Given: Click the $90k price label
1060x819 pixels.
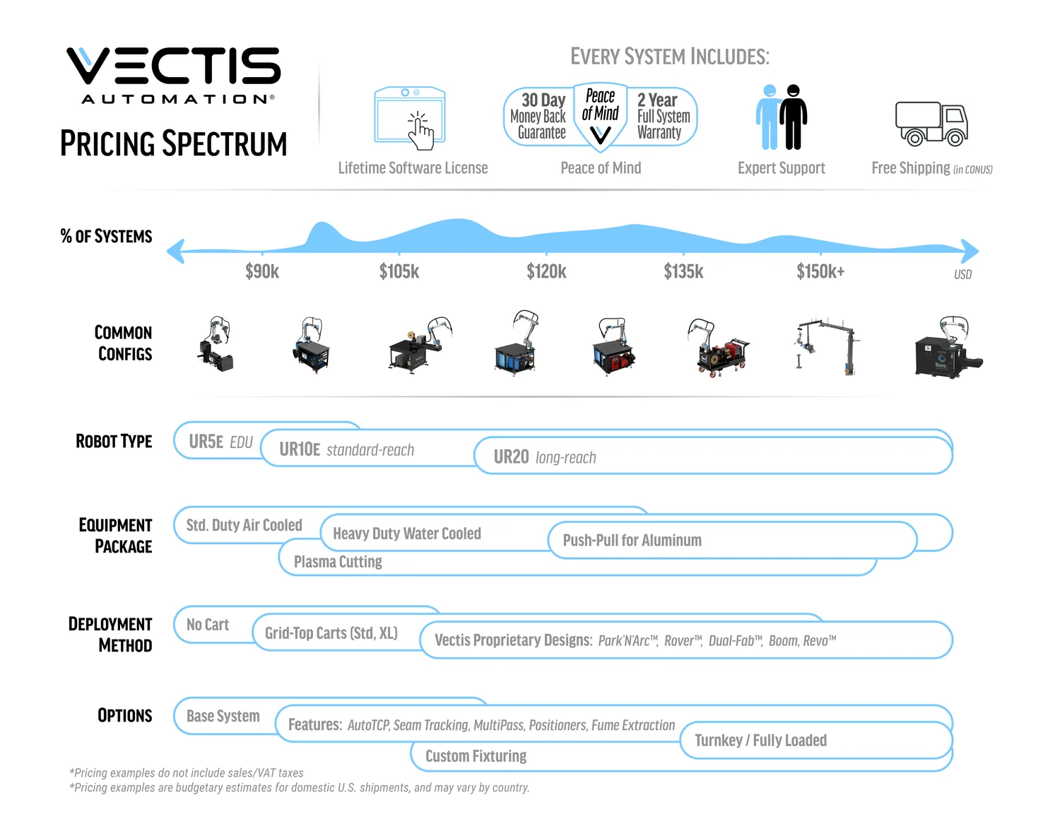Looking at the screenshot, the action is [x=262, y=271].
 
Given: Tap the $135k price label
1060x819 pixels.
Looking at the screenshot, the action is [x=683, y=271].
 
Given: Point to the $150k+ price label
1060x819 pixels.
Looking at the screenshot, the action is [x=820, y=271].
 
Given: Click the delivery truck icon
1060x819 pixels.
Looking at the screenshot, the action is [x=931, y=124].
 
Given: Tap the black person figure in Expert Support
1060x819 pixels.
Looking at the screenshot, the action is [x=793, y=117].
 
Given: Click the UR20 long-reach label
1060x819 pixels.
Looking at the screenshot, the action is [x=545, y=457].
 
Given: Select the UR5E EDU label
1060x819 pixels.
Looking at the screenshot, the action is [x=220, y=442].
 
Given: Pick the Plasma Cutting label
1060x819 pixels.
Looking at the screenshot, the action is [x=338, y=562].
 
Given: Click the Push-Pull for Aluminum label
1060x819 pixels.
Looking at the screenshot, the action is [x=632, y=540].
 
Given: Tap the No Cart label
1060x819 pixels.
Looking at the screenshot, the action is [x=207, y=625].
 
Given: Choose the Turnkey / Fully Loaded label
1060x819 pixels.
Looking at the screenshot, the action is [x=760, y=741].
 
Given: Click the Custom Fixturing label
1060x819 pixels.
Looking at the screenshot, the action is [x=476, y=756].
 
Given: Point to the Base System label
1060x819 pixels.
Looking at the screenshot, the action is [x=223, y=716].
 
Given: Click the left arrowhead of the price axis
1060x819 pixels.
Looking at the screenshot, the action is [x=176, y=252].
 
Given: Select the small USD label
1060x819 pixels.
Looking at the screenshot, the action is [x=962, y=275].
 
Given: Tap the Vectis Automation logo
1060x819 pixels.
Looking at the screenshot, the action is [x=174, y=75].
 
